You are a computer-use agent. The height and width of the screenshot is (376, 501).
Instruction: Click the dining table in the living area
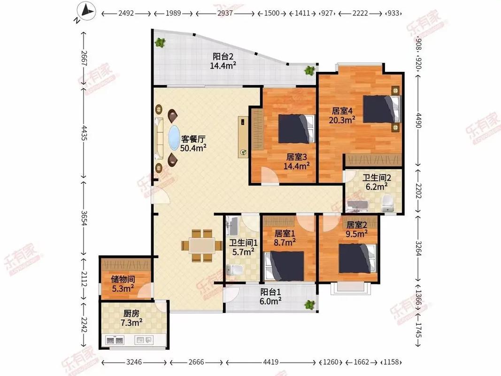[202, 245]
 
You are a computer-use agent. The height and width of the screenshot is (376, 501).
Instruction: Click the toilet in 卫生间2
[388, 203]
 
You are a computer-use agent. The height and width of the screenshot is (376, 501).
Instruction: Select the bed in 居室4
[382, 109]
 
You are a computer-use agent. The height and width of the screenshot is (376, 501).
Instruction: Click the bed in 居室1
[285, 265]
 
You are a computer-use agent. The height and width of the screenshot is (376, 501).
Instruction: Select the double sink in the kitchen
[115, 339]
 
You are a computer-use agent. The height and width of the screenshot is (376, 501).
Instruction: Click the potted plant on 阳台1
[309, 305]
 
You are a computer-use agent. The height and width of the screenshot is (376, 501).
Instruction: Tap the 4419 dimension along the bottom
[271, 362]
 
